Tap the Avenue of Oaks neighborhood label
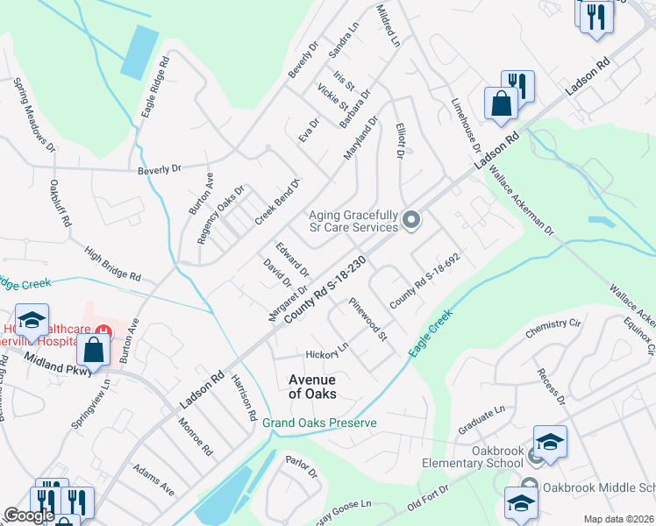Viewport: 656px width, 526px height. tap(313, 386)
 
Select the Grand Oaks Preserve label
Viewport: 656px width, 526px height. tap(319, 423)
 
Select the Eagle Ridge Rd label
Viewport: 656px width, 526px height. tap(155, 87)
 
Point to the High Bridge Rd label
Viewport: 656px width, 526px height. tap(113, 262)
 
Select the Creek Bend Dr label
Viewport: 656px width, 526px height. tap(277, 202)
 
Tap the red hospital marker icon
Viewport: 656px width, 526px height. tap(103, 331)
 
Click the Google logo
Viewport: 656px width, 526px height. tap(28, 515)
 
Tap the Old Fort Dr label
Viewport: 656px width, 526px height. tap(428, 500)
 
